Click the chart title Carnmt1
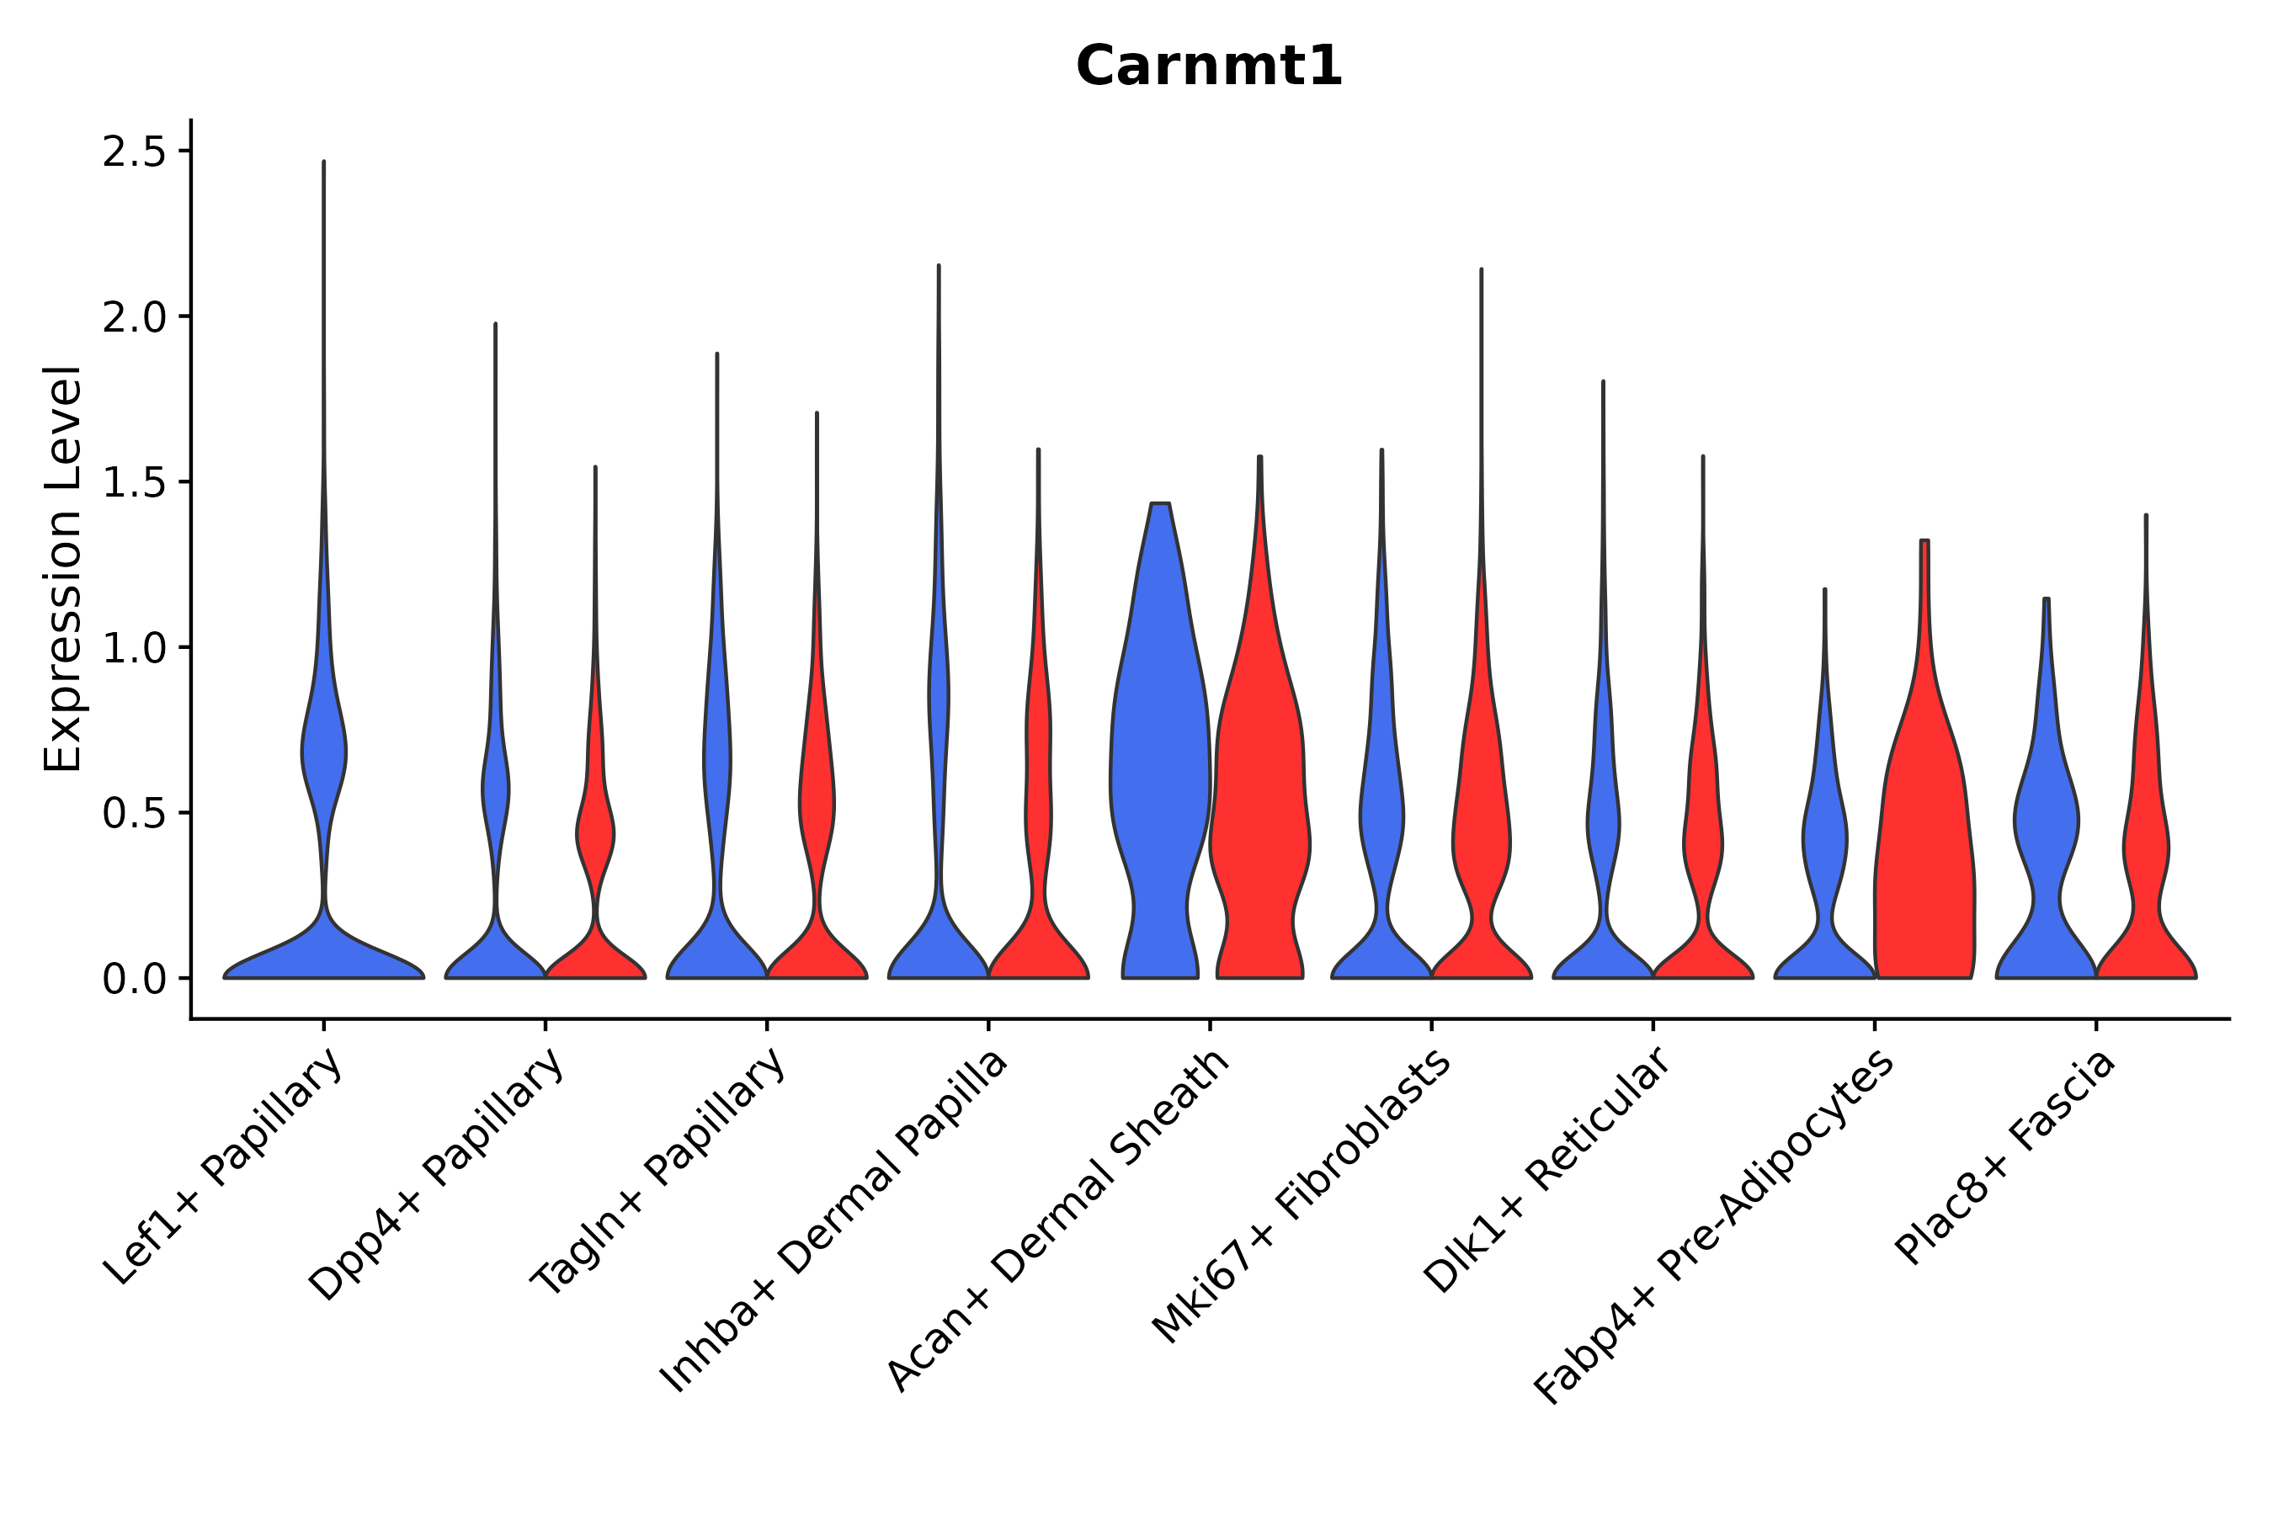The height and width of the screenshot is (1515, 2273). pyautogui.click(x=1208, y=67)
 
